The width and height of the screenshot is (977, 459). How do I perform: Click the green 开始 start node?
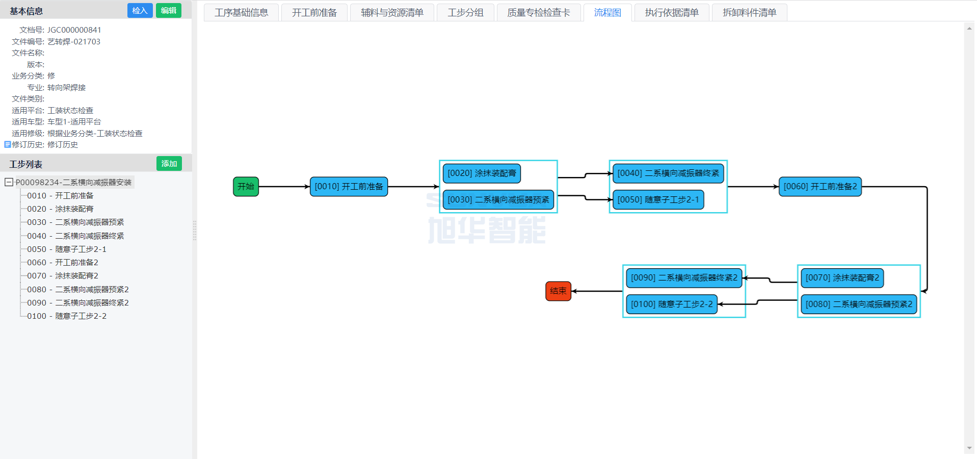(x=246, y=187)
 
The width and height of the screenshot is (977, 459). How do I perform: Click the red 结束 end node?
(x=558, y=291)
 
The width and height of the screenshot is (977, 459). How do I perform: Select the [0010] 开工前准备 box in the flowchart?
(x=349, y=187)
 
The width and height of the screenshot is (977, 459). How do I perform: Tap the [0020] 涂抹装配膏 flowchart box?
(x=482, y=173)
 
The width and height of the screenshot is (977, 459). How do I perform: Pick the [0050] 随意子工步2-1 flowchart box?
(x=658, y=200)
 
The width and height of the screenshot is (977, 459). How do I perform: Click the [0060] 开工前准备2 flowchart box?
(x=820, y=187)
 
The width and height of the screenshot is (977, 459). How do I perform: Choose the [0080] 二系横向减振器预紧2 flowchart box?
(x=859, y=304)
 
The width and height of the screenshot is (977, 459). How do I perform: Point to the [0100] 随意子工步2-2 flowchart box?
(x=671, y=304)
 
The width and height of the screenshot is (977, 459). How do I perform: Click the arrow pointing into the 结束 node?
(x=596, y=291)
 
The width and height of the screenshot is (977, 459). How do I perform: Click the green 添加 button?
(x=169, y=164)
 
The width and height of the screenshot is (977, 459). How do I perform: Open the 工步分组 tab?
(x=465, y=13)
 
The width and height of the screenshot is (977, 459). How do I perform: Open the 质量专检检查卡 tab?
(x=538, y=13)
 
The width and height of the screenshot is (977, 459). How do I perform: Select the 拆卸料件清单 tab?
(x=749, y=13)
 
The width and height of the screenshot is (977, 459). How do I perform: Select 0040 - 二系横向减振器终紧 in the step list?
(x=75, y=236)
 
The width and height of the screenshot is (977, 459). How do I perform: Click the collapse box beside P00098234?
(x=9, y=182)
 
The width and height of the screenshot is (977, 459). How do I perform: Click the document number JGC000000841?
(x=74, y=30)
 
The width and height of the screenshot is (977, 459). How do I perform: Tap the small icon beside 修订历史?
(x=7, y=145)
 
